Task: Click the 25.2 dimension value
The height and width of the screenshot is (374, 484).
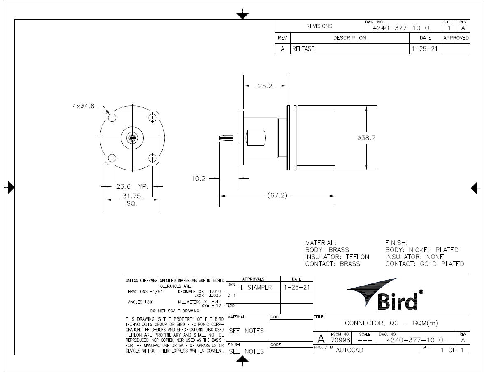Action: tap(265, 86)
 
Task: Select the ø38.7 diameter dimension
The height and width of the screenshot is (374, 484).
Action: tap(366, 138)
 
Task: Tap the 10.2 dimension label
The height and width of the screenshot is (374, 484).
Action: tap(198, 179)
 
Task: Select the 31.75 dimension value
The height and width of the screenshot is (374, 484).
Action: tap(132, 196)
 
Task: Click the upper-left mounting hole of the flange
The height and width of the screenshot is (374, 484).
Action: tap(112, 118)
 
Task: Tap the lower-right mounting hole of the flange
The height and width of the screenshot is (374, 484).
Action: tap(152, 158)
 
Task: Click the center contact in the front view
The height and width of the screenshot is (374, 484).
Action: tap(132, 138)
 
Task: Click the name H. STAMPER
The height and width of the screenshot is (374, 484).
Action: tap(255, 287)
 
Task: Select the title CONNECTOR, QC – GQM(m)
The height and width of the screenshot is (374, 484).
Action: tap(391, 323)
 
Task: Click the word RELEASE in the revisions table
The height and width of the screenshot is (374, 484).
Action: tap(303, 49)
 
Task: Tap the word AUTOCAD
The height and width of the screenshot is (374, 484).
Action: tap(349, 351)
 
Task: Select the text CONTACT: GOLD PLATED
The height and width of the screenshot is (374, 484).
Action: tap(424, 264)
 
